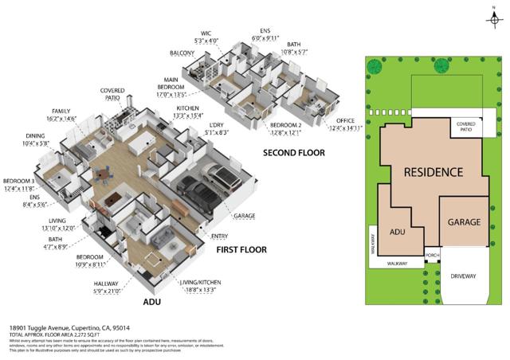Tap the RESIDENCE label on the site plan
pos(433,172)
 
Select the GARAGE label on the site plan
pos(463,222)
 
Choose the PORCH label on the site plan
pos(433,256)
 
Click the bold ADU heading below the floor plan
pos(151,303)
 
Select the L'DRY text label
pos(215,124)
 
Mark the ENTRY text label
pos(220,236)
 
